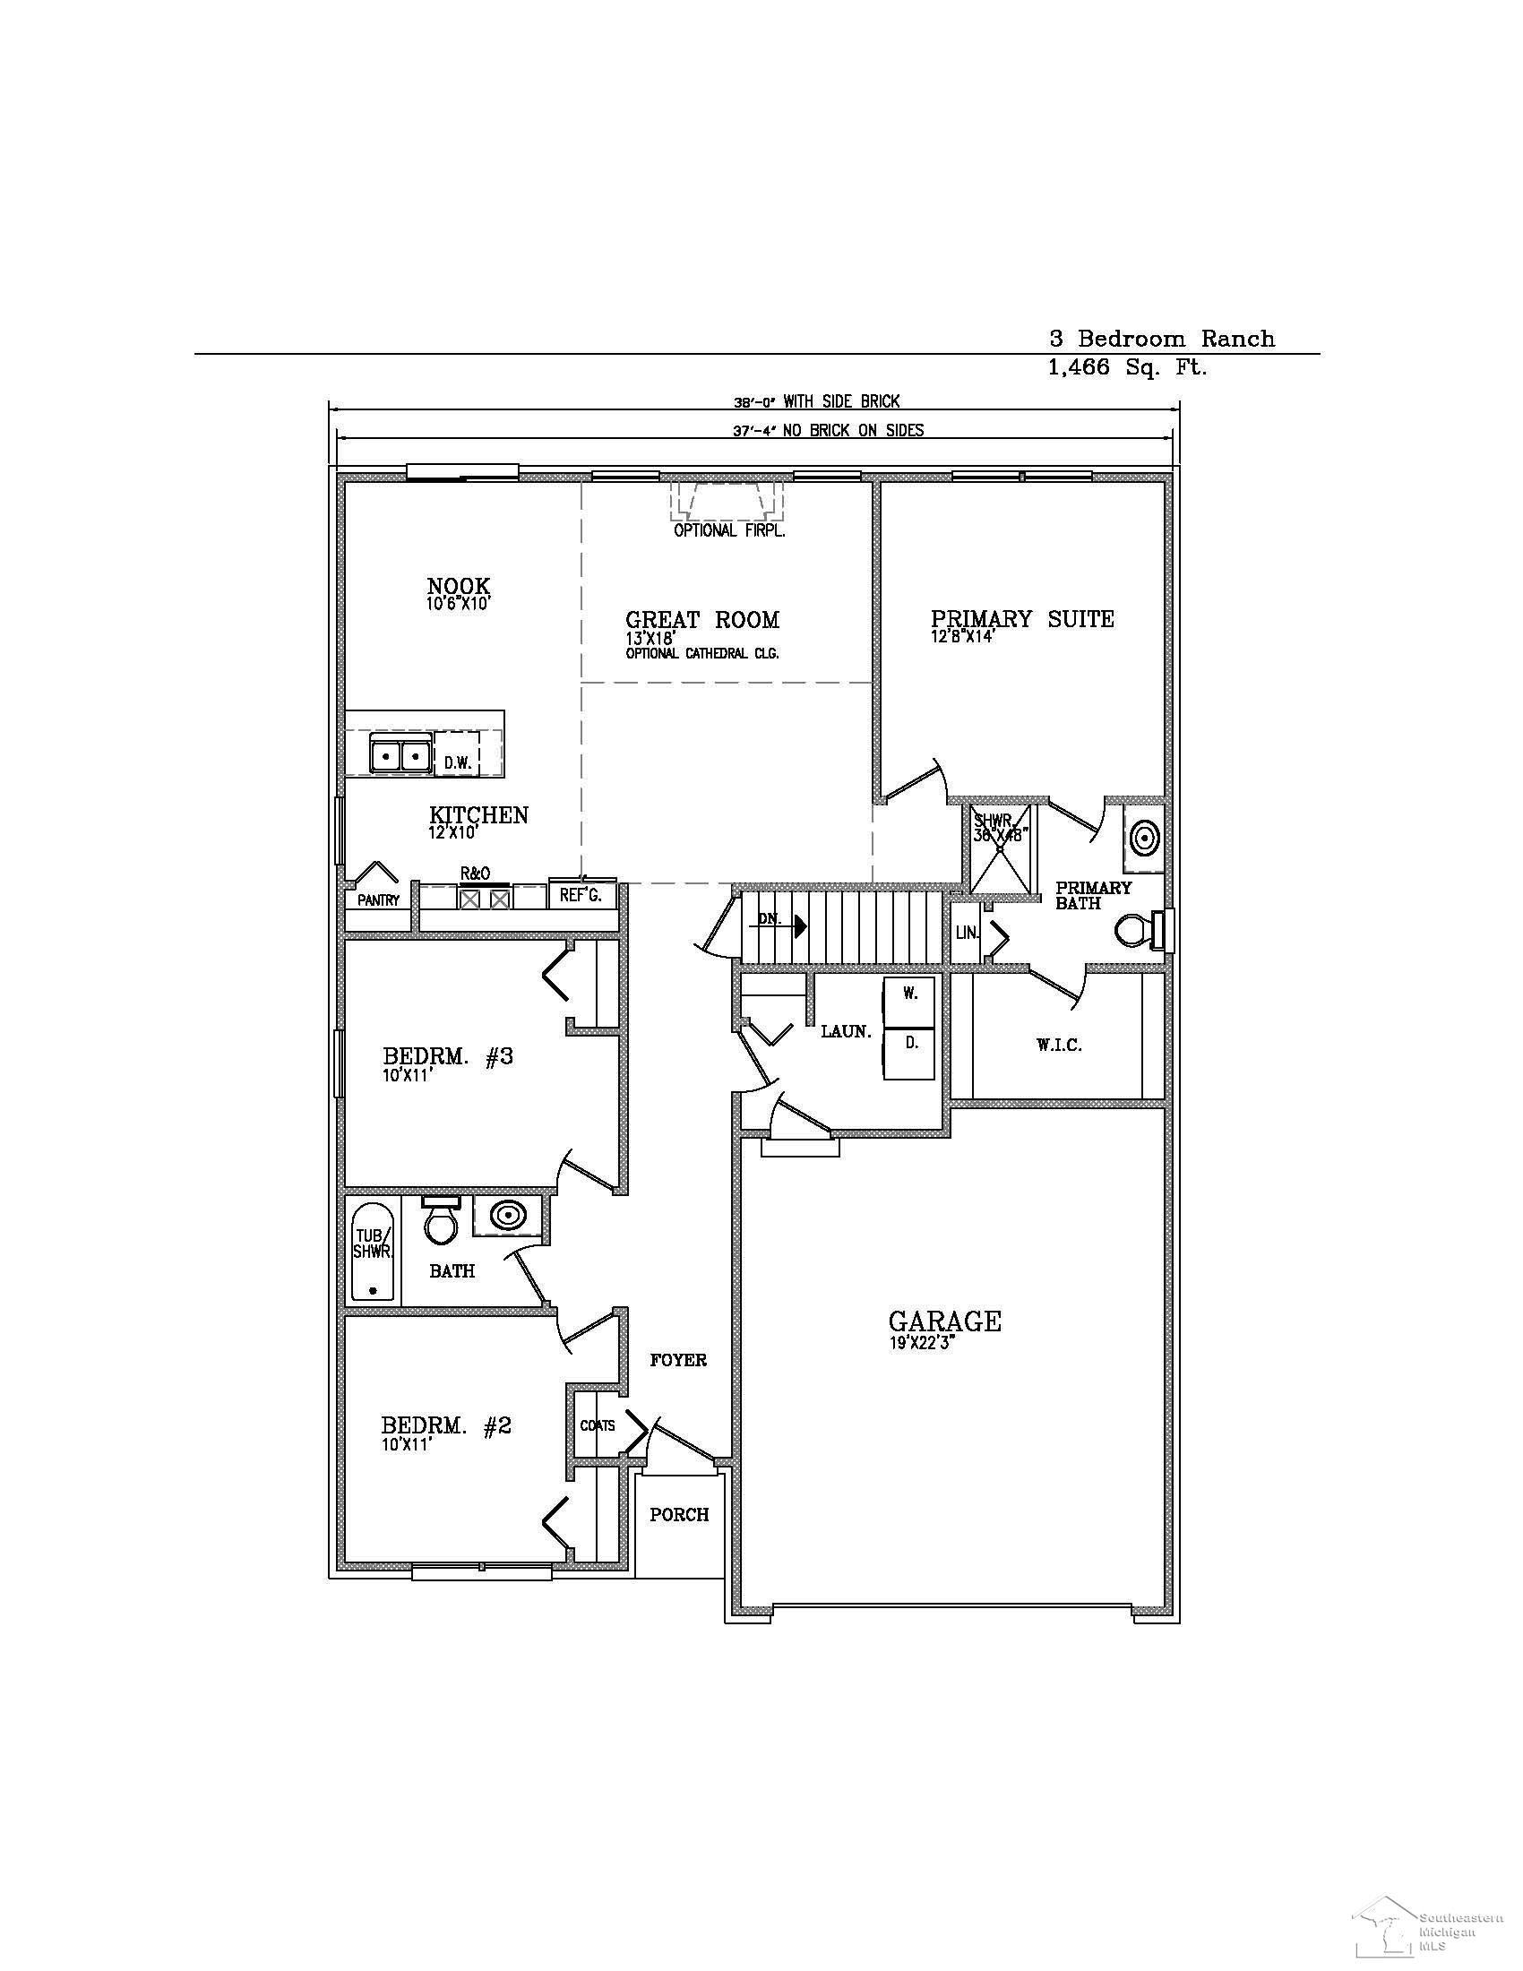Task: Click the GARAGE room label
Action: click(x=943, y=1321)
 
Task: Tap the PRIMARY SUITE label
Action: click(x=1021, y=619)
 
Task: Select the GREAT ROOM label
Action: click(x=702, y=620)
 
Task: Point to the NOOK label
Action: click(x=459, y=587)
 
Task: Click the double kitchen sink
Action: click(x=398, y=753)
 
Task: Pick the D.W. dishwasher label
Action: click(x=458, y=762)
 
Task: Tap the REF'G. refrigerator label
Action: click(x=581, y=895)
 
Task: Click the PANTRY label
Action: click(x=378, y=899)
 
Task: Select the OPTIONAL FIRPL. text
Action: click(x=729, y=530)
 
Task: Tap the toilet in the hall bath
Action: click(x=440, y=1219)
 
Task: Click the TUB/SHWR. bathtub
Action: click(x=373, y=1252)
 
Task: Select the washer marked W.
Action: click(x=910, y=994)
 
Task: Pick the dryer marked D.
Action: click(x=910, y=1043)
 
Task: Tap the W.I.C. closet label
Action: click(x=1058, y=1045)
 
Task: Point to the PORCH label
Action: click(x=679, y=1514)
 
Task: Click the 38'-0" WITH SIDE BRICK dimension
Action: click(x=815, y=401)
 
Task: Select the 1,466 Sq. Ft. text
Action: click(x=1127, y=367)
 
